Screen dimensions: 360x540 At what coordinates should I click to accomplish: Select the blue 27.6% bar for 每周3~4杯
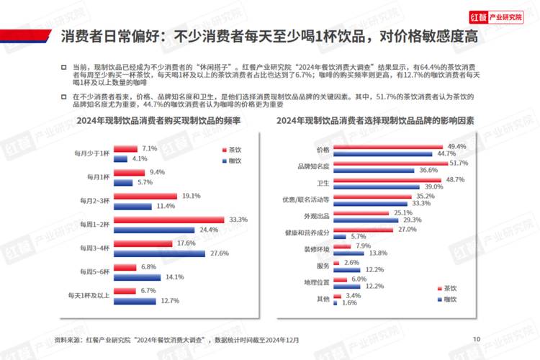[160, 253]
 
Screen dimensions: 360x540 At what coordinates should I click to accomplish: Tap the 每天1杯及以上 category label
[89, 295]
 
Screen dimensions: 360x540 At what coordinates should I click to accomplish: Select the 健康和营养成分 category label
[307, 233]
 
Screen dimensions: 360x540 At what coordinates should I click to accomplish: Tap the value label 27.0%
[408, 229]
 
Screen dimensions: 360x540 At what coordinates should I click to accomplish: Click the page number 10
[476, 339]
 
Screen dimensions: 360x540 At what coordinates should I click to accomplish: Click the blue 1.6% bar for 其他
[335, 302]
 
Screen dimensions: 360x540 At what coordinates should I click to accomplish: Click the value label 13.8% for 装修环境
[379, 253]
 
